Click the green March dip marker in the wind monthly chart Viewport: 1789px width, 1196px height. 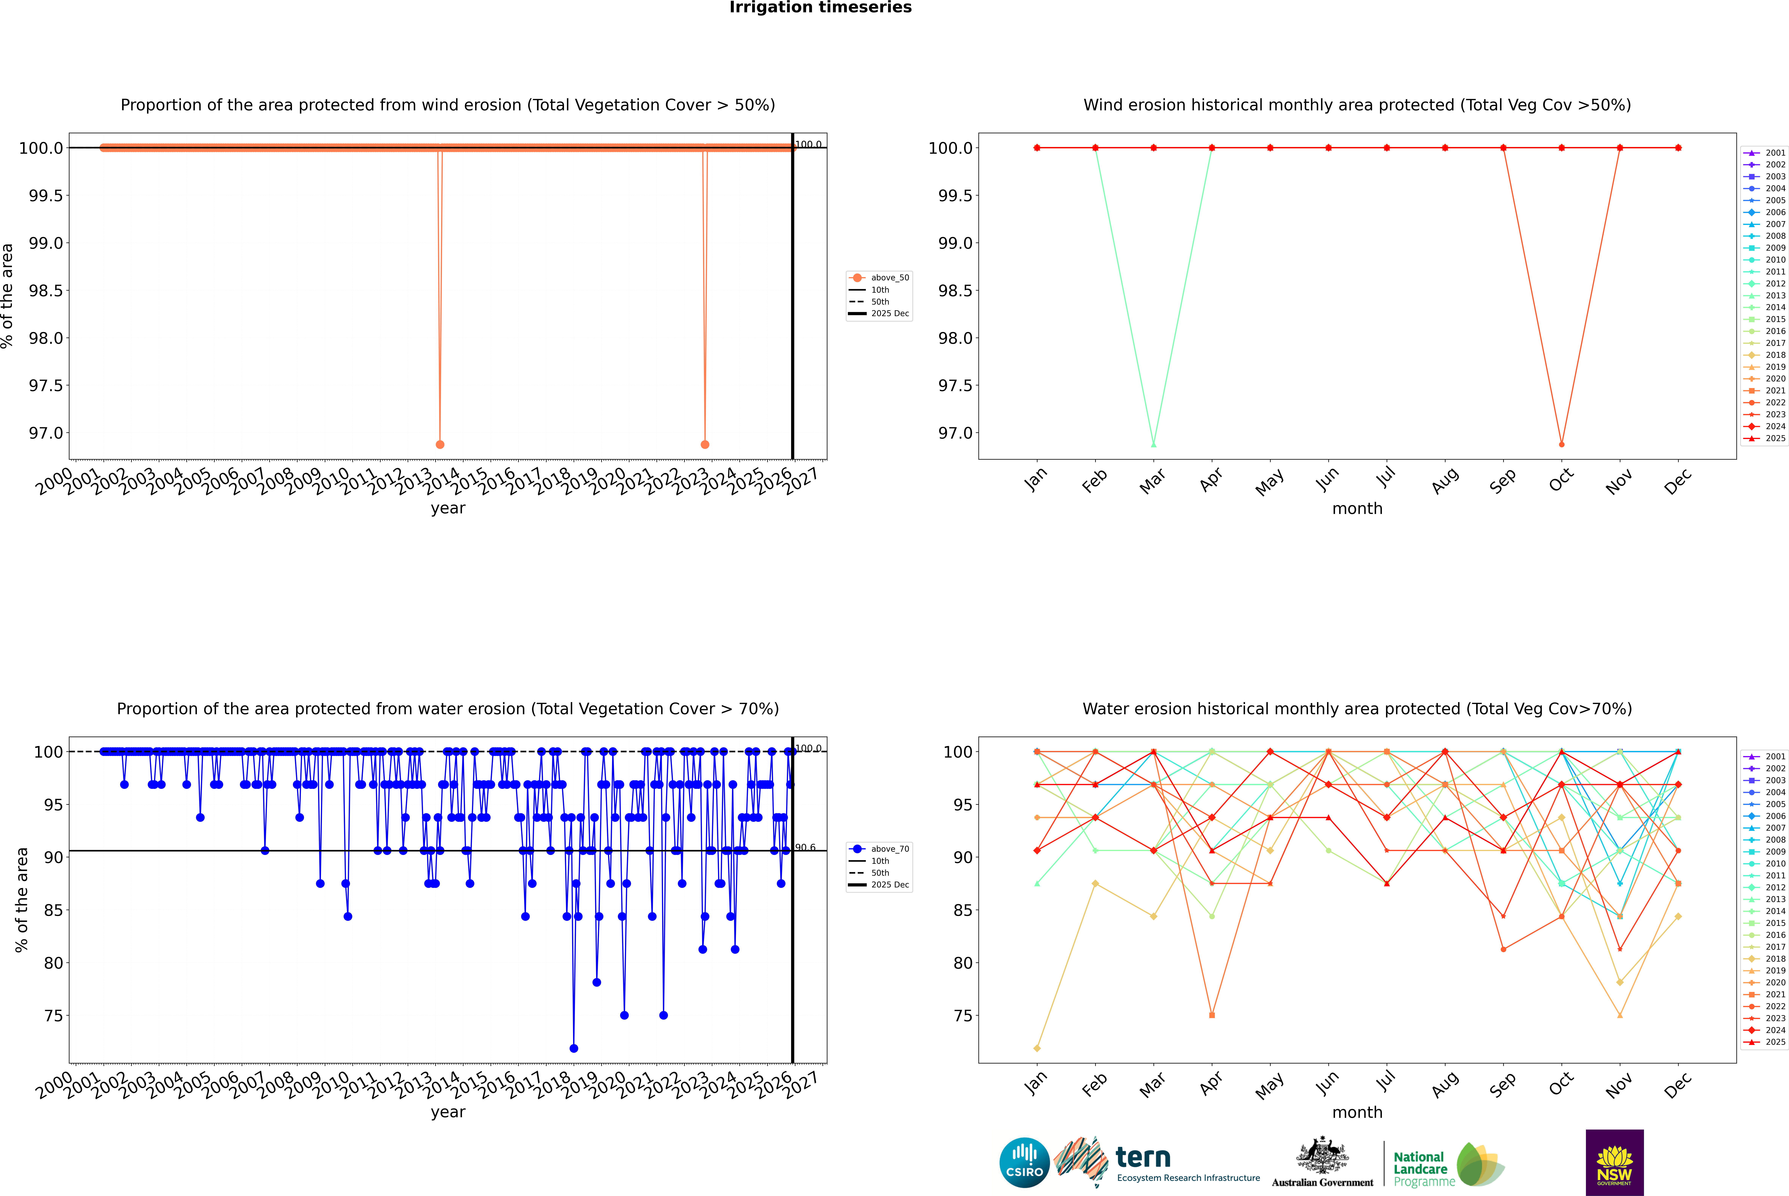pos(1153,444)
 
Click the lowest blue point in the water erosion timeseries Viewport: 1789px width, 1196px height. pos(573,1048)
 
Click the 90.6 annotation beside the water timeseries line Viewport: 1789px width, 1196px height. pos(805,847)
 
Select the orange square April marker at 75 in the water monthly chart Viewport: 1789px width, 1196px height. pos(1212,1015)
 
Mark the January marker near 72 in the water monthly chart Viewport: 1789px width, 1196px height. pos(1036,1048)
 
